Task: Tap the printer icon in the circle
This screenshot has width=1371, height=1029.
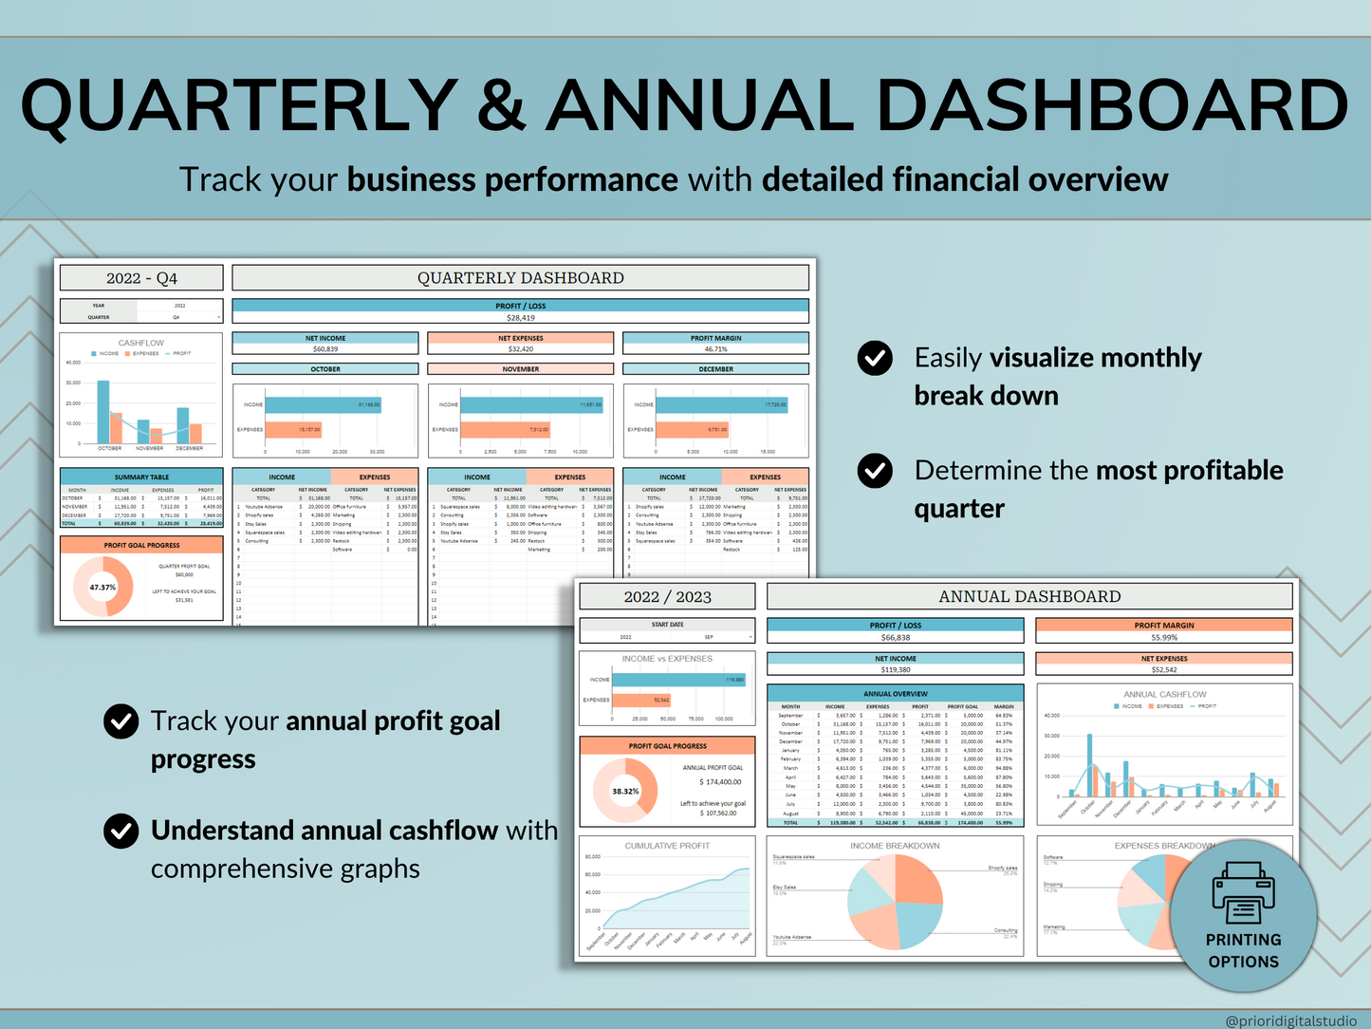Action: [x=1243, y=892]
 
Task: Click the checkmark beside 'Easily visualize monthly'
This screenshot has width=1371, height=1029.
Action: [x=874, y=358]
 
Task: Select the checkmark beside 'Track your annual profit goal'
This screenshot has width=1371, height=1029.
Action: [x=120, y=721]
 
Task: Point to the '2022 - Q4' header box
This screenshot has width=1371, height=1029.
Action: [x=141, y=278]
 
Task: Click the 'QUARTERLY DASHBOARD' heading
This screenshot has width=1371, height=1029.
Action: [x=520, y=278]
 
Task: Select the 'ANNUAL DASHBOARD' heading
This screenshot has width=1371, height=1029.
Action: [x=1029, y=596]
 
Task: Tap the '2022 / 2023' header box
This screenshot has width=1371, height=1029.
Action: [x=667, y=596]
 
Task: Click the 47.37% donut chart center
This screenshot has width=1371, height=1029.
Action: [x=102, y=588]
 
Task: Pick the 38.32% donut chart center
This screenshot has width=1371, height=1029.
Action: [x=625, y=791]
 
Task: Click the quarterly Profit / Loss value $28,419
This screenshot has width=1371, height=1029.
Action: [x=520, y=318]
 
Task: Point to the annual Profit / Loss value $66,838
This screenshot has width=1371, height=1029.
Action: [x=895, y=638]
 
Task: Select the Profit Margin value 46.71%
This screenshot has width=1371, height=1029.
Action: [x=715, y=349]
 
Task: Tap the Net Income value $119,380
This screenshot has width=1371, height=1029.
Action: [x=895, y=670]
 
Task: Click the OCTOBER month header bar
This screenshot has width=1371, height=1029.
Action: [x=324, y=369]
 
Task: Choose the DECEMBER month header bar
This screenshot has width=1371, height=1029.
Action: [x=715, y=369]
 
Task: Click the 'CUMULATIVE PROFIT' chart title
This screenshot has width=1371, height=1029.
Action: [x=667, y=846]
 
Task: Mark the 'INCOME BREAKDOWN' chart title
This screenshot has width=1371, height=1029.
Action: [x=895, y=846]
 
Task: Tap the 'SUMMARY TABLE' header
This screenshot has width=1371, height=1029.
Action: [x=141, y=477]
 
